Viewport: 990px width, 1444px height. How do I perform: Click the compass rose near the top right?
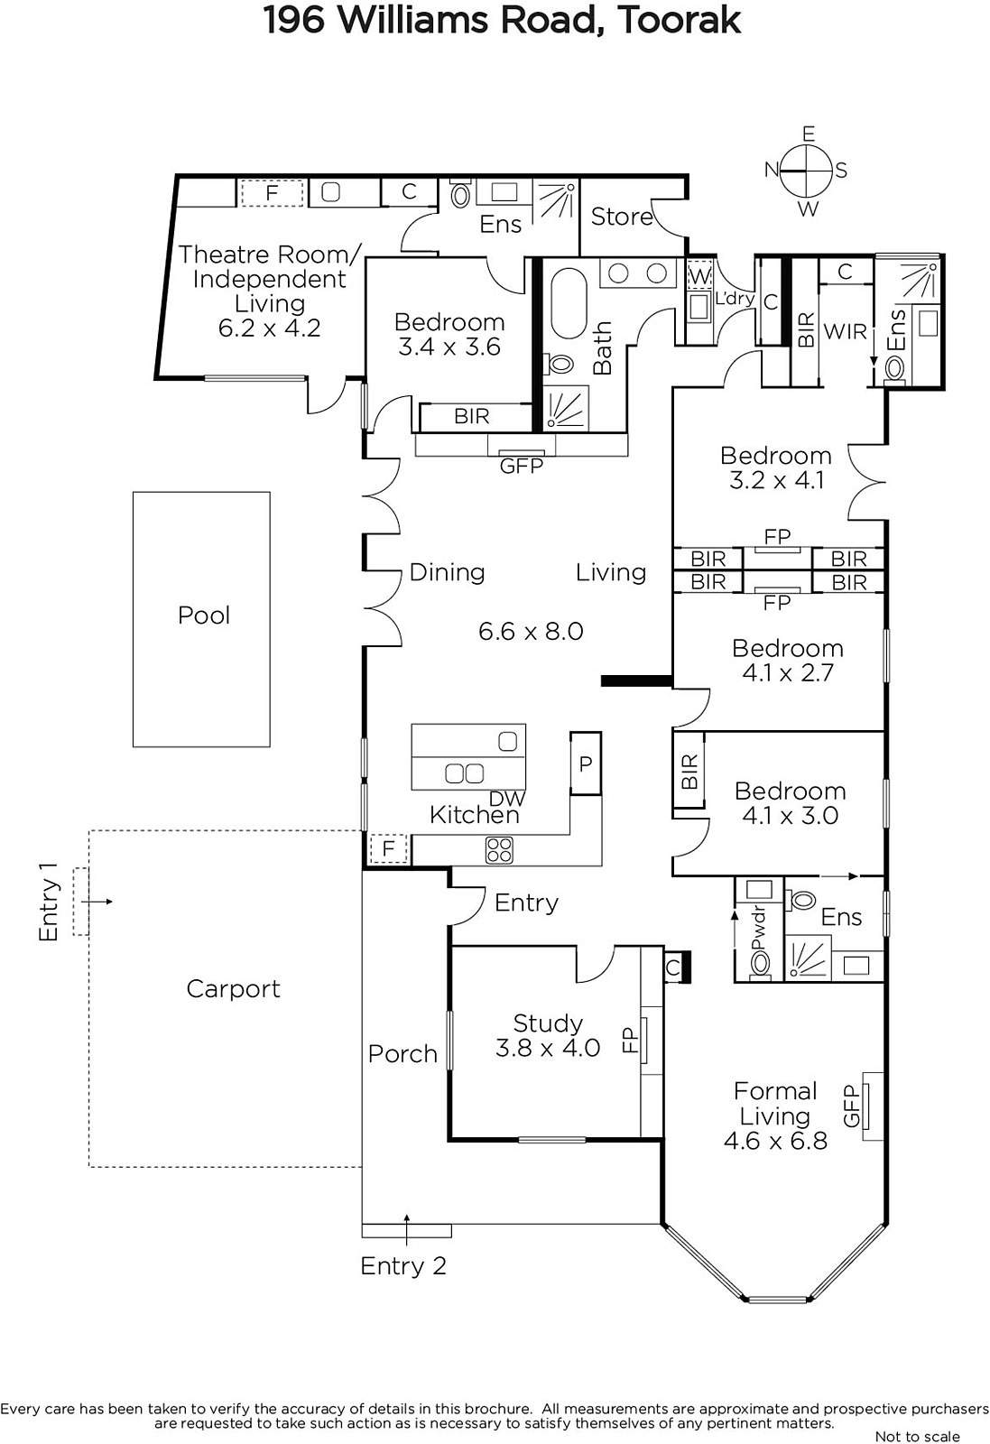point(806,171)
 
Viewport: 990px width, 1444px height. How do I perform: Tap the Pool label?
point(204,615)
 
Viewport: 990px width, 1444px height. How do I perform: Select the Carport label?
point(234,989)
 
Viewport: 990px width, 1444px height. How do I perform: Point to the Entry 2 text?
point(403,1265)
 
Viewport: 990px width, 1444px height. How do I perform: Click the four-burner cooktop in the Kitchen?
point(499,849)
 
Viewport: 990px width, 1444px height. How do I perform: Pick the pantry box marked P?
point(585,764)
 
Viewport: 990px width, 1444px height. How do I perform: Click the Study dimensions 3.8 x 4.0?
point(548,1048)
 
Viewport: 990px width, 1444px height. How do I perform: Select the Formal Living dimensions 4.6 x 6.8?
point(775,1141)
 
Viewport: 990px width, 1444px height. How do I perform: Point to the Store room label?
point(622,217)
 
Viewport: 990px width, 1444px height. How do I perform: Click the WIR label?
point(845,332)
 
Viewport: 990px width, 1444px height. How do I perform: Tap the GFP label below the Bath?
point(522,466)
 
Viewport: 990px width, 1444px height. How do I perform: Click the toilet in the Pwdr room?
point(760,963)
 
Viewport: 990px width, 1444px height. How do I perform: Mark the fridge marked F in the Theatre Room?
point(272,192)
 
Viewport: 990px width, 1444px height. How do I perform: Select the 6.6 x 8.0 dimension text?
point(531,631)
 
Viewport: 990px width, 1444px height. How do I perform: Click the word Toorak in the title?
point(679,21)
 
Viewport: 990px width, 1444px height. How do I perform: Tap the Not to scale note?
point(917,1436)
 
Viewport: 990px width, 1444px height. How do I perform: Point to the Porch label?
point(402,1054)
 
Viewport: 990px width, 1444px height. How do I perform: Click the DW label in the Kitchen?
point(507,799)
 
